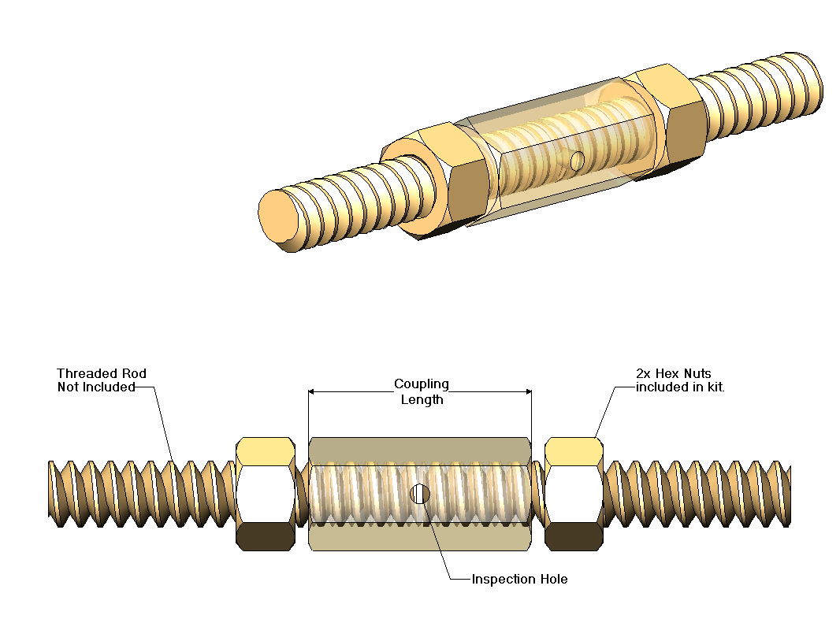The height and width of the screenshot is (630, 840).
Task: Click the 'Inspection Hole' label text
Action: coord(519,580)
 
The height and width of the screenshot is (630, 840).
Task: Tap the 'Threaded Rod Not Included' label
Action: coord(102,380)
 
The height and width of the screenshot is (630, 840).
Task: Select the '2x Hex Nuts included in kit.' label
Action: coord(679,380)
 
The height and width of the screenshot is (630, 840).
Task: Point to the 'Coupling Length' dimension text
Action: coord(421,391)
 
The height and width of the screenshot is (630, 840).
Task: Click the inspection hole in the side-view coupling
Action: coord(420,494)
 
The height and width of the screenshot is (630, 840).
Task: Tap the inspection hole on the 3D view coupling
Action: coord(578,161)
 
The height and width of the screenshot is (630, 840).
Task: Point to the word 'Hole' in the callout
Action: coord(552,580)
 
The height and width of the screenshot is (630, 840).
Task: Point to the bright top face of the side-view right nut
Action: coord(574,450)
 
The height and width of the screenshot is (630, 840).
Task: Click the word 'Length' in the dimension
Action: coord(421,399)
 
